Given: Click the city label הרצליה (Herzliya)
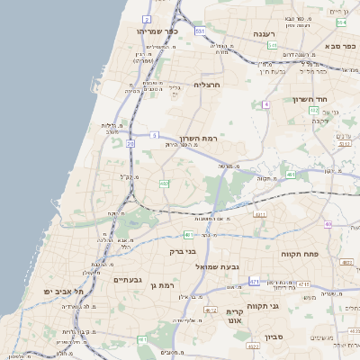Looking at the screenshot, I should coord(206,85).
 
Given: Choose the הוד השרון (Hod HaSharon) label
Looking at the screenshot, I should coord(307,99).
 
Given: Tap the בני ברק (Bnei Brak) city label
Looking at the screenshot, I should coord(183,251).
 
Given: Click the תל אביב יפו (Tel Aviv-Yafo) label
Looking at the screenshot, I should coord(63,292).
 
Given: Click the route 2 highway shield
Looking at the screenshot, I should coord(147,18).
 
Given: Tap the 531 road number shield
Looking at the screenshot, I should coord(199,31).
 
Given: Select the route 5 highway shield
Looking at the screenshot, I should coord(155,135).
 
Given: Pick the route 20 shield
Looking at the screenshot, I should coord(131,144).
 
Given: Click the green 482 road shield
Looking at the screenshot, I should coord(164,184).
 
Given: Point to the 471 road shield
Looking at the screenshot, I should coord(254,282).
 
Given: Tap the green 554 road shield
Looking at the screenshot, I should coord(341,21).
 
